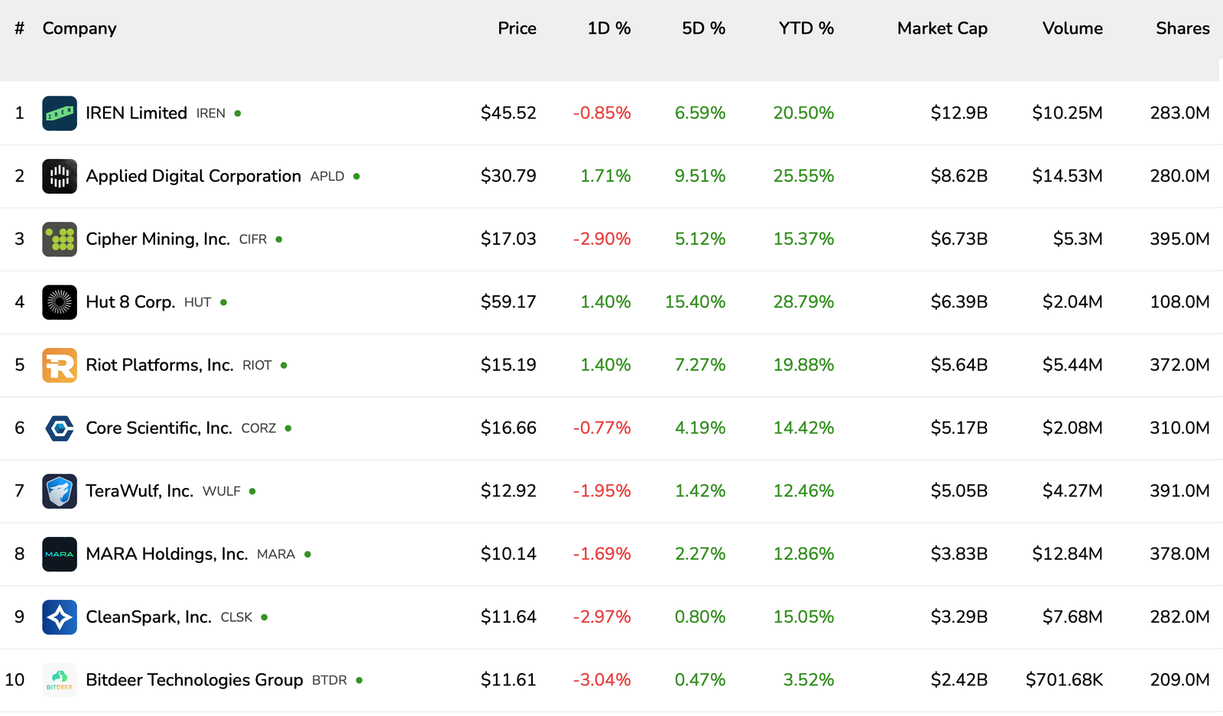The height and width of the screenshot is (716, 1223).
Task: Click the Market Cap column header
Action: pyautogui.click(x=942, y=28)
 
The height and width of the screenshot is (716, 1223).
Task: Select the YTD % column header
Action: pyautogui.click(x=806, y=28)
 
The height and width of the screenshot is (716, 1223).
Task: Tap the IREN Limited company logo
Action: pyautogui.click(x=60, y=113)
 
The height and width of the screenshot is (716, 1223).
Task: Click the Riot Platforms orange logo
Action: pyautogui.click(x=60, y=365)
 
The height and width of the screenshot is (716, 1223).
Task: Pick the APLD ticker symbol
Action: pyautogui.click(x=327, y=177)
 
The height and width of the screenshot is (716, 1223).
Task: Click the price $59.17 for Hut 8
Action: pyautogui.click(x=508, y=302)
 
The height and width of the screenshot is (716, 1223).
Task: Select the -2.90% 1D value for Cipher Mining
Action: pyautogui.click(x=602, y=239)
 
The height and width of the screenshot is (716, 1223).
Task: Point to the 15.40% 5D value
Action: pyautogui.click(x=695, y=302)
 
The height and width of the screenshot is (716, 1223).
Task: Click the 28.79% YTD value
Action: pyautogui.click(x=803, y=302)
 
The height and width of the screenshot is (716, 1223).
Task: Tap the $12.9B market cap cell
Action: pyautogui.click(x=959, y=113)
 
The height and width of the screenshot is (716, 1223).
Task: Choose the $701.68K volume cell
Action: pyautogui.click(x=1064, y=680)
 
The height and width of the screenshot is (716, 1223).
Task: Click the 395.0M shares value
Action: pyautogui.click(x=1179, y=239)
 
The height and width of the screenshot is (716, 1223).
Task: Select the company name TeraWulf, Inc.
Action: pyautogui.click(x=139, y=491)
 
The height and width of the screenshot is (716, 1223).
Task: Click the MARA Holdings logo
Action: pyautogui.click(x=60, y=554)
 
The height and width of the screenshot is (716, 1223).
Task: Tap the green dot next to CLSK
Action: pyautogui.click(x=264, y=617)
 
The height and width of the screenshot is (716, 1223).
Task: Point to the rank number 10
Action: pyautogui.click(x=15, y=680)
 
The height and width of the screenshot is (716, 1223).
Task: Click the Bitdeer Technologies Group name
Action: pyautogui.click(x=194, y=680)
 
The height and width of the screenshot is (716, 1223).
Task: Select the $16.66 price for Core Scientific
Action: pyautogui.click(x=508, y=428)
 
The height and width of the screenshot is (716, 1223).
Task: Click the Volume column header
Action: pyautogui.click(x=1072, y=28)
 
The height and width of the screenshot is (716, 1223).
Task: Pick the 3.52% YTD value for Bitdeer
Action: pyautogui.click(x=808, y=680)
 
